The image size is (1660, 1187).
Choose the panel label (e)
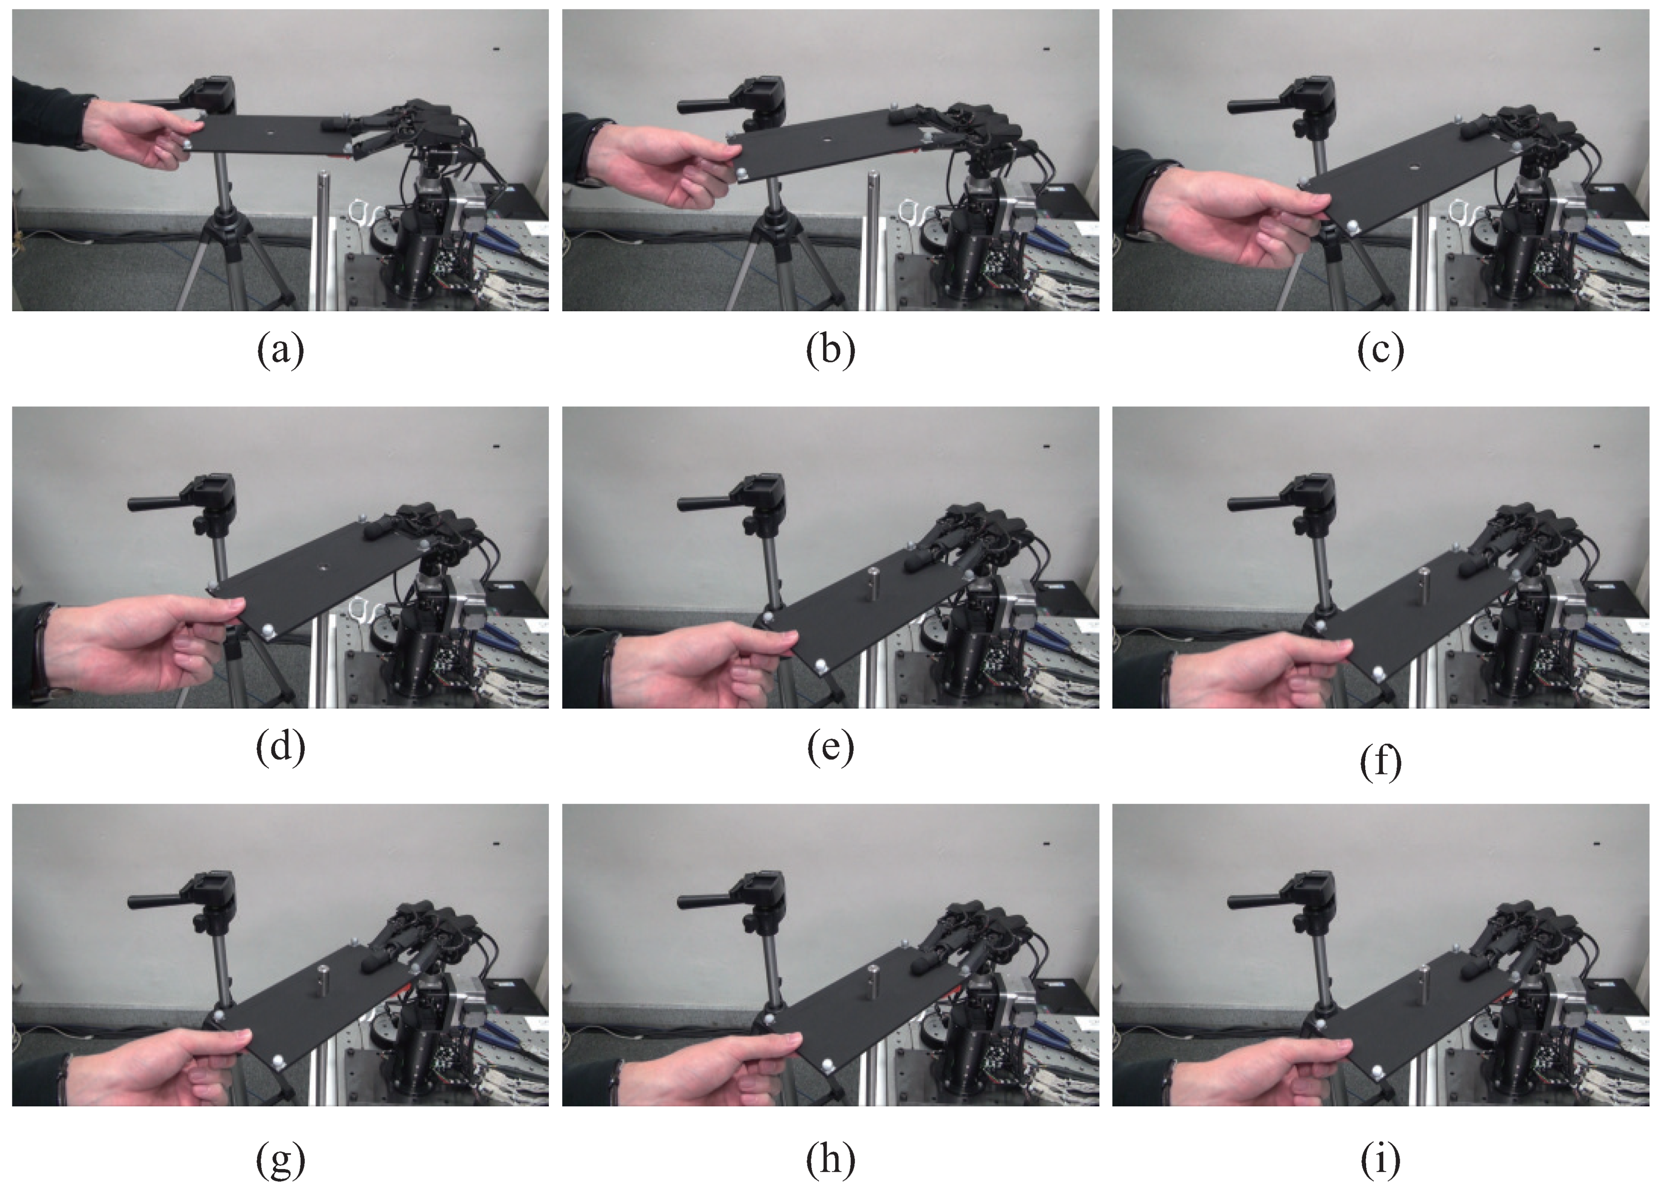click(830, 748)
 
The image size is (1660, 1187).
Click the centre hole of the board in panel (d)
click(322, 566)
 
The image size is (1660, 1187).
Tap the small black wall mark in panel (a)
click(497, 50)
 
